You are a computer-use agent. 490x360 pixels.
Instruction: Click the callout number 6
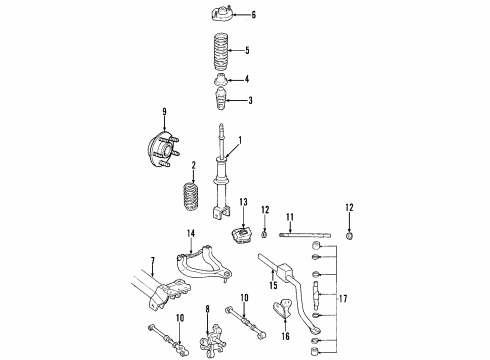[x=253, y=15]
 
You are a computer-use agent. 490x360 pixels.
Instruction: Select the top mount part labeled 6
[x=220, y=15]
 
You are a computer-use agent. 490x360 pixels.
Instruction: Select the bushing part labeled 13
[x=241, y=241]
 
